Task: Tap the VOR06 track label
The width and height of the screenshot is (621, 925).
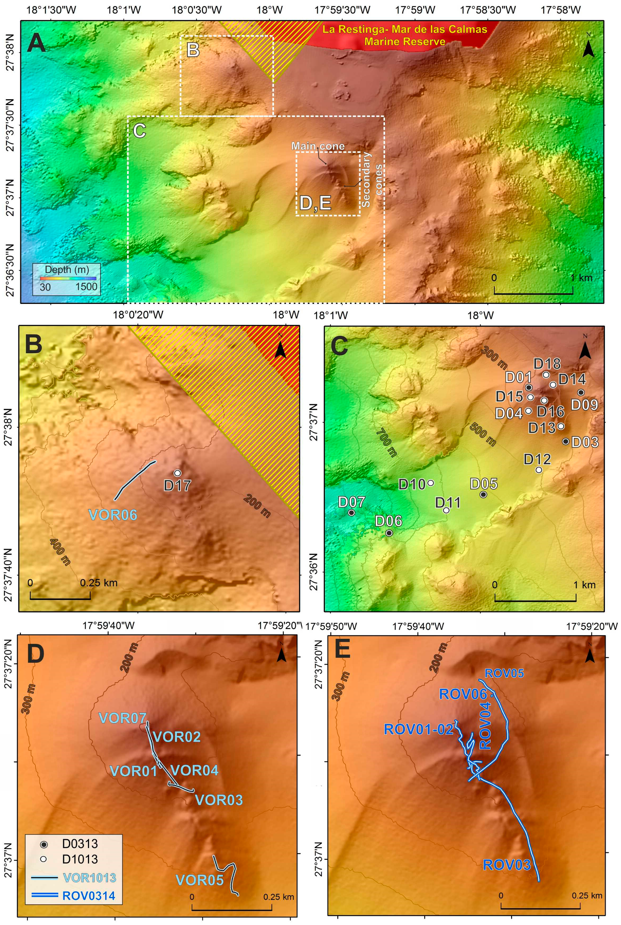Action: pyautogui.click(x=113, y=515)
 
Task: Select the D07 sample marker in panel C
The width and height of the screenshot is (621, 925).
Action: pyautogui.click(x=351, y=512)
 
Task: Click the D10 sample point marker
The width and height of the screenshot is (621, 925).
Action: pyautogui.click(x=431, y=483)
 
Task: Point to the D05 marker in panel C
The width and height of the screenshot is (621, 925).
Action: pyautogui.click(x=483, y=494)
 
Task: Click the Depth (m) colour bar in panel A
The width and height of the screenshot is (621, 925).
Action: pyautogui.click(x=68, y=278)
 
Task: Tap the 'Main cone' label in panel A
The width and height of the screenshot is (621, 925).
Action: pyautogui.click(x=318, y=146)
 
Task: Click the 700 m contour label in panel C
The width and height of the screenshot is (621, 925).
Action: pyautogui.click(x=386, y=443)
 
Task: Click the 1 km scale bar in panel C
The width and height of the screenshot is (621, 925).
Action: pyautogui.click(x=535, y=600)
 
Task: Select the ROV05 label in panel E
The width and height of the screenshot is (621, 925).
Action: pyautogui.click(x=504, y=673)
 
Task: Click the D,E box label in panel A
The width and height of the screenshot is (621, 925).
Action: pyautogui.click(x=315, y=203)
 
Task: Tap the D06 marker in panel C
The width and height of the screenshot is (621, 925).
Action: pyautogui.click(x=389, y=533)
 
